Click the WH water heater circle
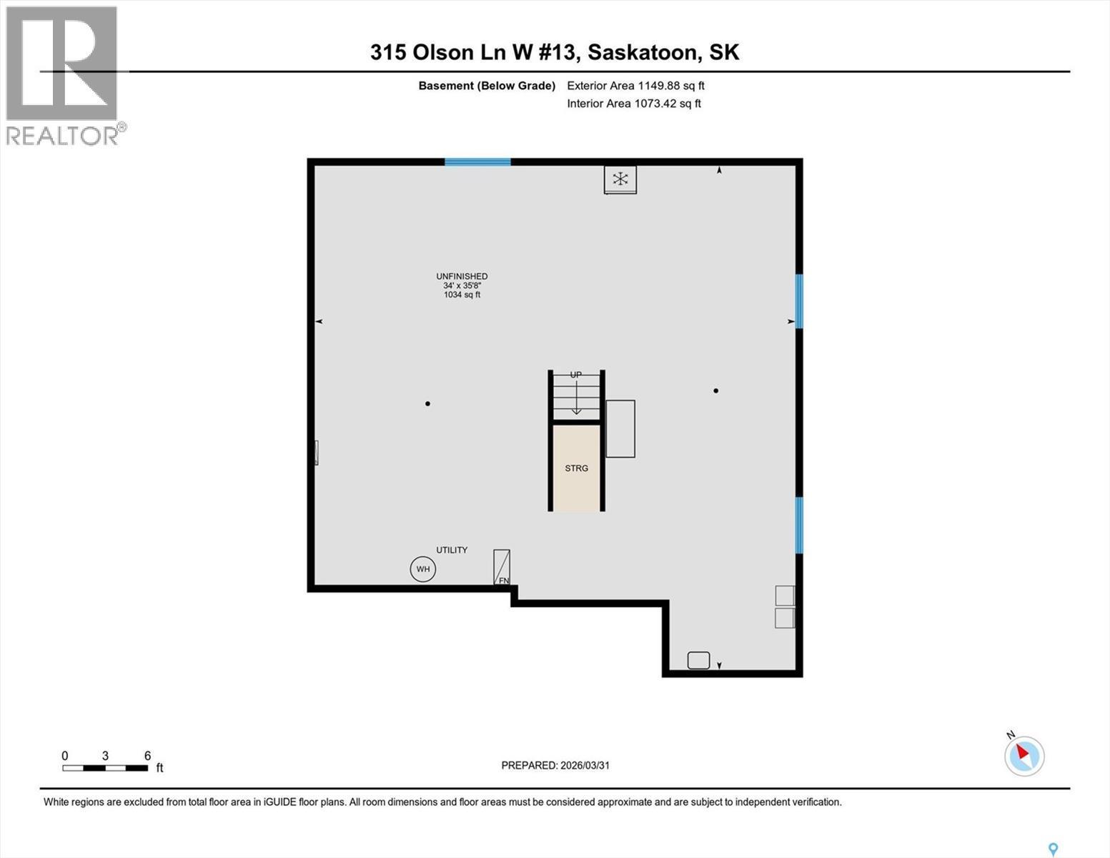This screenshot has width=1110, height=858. (x=423, y=569)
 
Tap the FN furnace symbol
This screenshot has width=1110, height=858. (x=502, y=568)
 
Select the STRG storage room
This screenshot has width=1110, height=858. (x=576, y=468)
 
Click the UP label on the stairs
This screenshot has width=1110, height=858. (x=576, y=375)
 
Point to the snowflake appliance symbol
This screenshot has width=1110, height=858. (x=620, y=179)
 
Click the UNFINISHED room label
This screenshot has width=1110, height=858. (x=462, y=277)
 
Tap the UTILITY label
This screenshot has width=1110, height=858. (x=452, y=550)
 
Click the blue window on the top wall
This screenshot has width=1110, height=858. (x=477, y=162)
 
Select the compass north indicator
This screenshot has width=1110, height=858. (x=1024, y=755)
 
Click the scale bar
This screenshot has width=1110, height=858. (x=105, y=768)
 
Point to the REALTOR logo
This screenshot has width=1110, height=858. (x=63, y=75)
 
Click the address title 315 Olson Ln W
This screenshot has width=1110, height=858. (x=555, y=52)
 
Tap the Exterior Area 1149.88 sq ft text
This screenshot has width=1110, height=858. (x=635, y=86)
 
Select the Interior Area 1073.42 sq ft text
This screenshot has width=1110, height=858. (x=634, y=104)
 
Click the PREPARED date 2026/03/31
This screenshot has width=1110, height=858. (x=555, y=765)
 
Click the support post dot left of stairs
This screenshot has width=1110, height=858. (x=427, y=404)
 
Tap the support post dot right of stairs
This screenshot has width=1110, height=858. (x=715, y=391)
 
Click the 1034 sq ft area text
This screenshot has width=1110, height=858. (x=462, y=295)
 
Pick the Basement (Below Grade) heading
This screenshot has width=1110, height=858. (x=487, y=86)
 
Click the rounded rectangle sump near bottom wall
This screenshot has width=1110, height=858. (x=698, y=660)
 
